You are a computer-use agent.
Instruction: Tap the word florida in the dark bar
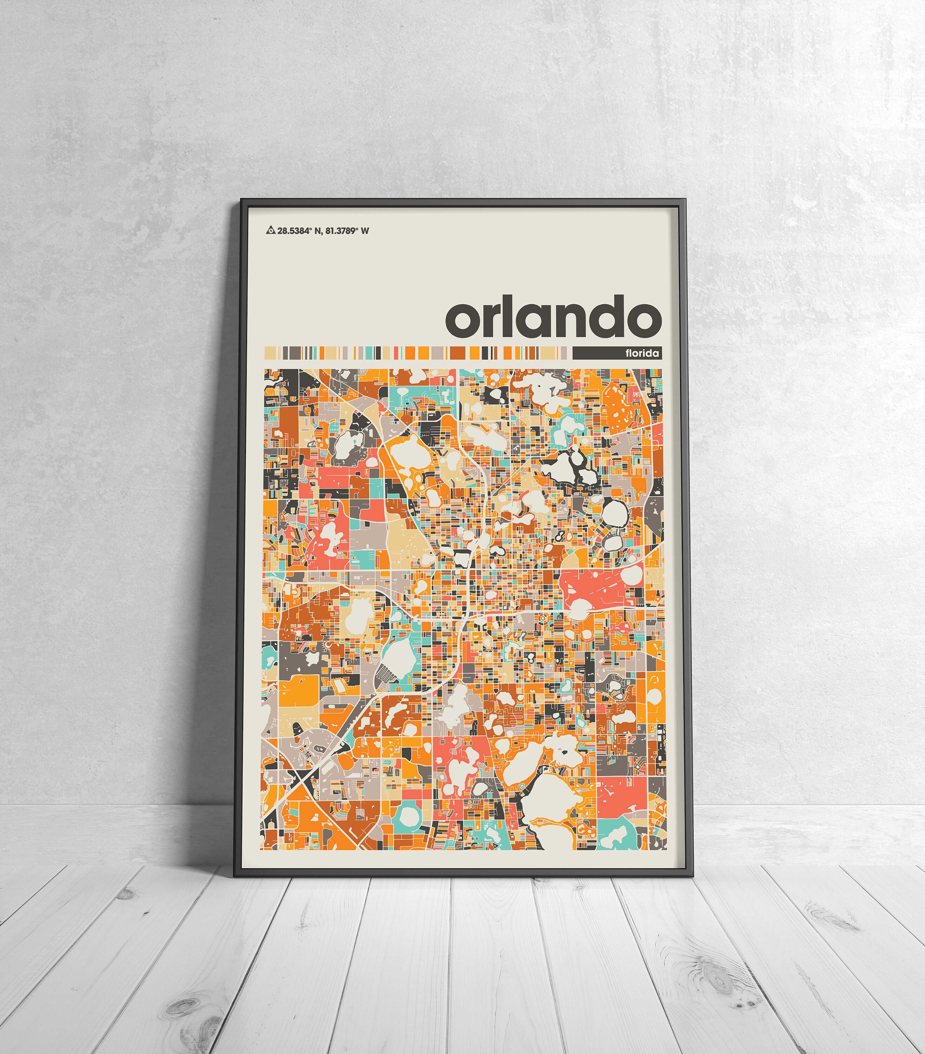point(642,353)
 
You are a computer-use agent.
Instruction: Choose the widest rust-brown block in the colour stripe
point(457,353)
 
